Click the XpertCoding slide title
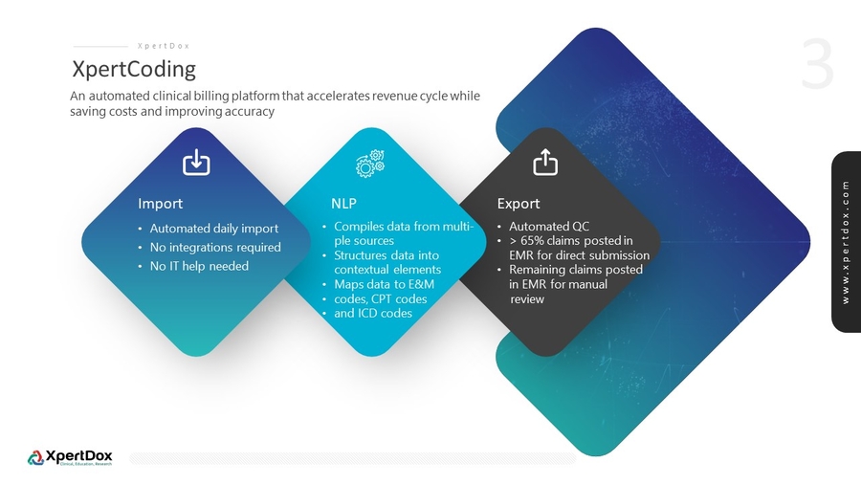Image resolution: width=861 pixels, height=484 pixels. (134, 70)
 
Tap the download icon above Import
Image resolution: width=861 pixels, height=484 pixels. (196, 162)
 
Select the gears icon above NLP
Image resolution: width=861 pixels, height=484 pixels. (370, 163)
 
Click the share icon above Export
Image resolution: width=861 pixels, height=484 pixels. (545, 162)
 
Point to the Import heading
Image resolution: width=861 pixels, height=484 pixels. (160, 204)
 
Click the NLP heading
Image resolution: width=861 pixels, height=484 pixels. (343, 204)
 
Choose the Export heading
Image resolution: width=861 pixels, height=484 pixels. (519, 204)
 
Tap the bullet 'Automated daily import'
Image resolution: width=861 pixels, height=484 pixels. (213, 229)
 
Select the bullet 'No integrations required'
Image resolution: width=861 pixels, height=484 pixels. (215, 247)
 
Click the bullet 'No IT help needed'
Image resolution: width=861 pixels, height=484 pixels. (199, 266)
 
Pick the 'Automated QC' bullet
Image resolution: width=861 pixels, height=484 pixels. (548, 226)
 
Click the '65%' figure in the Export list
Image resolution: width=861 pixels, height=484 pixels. (532, 240)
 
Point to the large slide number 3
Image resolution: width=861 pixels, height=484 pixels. (817, 64)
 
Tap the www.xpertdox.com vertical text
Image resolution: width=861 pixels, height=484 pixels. (846, 242)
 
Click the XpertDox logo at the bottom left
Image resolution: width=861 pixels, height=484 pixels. (70, 457)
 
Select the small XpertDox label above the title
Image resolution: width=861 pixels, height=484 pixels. (163, 46)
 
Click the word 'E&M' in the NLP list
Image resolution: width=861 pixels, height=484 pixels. (421, 284)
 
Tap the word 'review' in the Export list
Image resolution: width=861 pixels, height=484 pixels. (527, 299)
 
